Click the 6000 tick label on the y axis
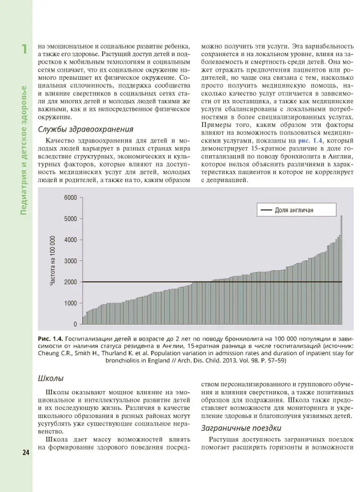tap(70, 198)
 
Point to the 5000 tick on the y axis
tap(70, 219)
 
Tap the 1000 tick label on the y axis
tap(70, 303)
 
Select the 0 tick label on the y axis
tap(75, 324)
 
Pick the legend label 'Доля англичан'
tap(294, 210)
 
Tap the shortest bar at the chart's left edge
tap(83, 320)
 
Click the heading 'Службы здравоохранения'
tap(85, 130)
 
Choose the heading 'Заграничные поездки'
tap(240, 428)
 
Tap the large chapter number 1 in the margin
tap(23, 50)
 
